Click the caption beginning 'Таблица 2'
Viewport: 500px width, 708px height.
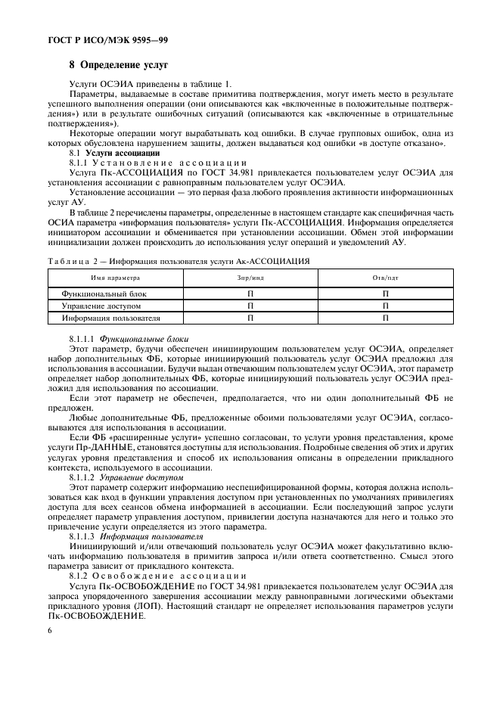point(174,261)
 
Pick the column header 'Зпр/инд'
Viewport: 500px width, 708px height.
point(250,278)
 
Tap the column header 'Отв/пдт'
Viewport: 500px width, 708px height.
point(385,278)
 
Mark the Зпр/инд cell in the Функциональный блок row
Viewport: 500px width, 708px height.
point(250,293)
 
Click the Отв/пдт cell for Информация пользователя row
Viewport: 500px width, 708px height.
point(385,318)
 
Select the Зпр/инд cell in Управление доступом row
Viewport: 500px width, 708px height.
point(250,306)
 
